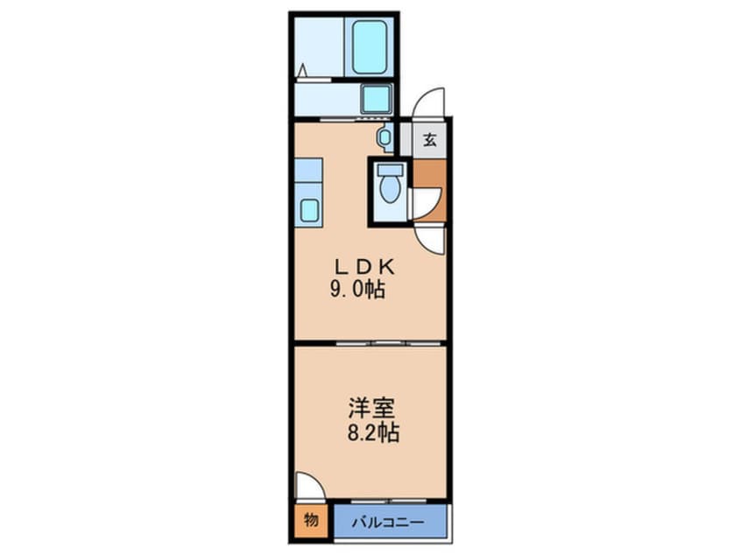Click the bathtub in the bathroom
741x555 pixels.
[369, 46]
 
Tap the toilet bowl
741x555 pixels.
[391, 189]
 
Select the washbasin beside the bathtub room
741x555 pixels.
[376, 99]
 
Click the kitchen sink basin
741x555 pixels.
[309, 210]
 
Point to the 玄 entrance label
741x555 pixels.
[429, 140]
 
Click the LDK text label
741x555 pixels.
[365, 267]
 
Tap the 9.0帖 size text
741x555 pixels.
[357, 289]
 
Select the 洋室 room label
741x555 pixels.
[371, 408]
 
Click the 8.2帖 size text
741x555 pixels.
[373, 432]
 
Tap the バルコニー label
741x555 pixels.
[389, 523]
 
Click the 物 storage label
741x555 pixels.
[311, 521]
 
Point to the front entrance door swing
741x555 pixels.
[428, 102]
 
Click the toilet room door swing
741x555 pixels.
[426, 203]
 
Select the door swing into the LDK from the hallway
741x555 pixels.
[430, 240]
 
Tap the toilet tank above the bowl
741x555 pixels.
[391, 170]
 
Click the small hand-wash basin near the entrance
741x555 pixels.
[385, 137]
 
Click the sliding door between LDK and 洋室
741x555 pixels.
[389, 343]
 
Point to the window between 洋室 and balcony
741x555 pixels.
[389, 500]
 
